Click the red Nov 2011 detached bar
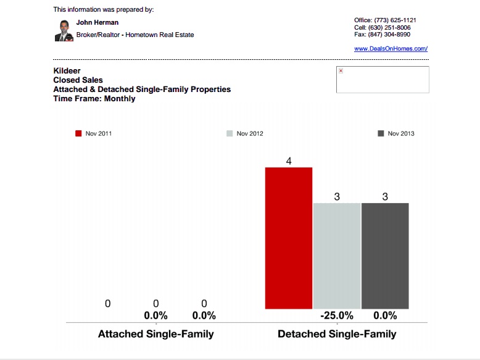click(289, 238)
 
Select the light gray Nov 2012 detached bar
click(337, 256)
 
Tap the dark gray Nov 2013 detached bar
click(385, 256)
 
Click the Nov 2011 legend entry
click(94, 133)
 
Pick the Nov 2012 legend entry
click(245, 133)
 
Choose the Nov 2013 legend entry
click(396, 133)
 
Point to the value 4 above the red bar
click(289, 161)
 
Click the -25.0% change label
click(337, 316)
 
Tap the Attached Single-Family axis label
click(156, 334)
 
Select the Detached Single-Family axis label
click(337, 334)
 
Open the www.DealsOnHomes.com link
click(391, 48)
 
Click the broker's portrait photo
click(64, 30)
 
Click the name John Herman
click(97, 23)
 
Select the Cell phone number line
click(383, 28)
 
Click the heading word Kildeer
click(67, 71)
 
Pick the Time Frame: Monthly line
click(94, 98)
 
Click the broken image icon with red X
click(341, 71)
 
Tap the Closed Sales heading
click(78, 80)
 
